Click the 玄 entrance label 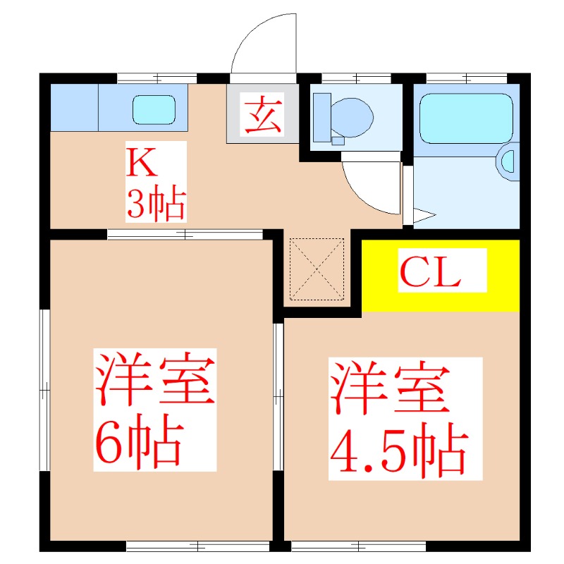[262, 114]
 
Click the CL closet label [430, 272]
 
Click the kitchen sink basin [154, 110]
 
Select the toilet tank [322, 118]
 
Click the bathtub [466, 118]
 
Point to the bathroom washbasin [508, 161]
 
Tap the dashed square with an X [317, 269]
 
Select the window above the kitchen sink [157, 78]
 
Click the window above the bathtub [467, 78]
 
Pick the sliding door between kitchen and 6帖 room [185, 235]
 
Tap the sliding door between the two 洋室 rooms [278, 397]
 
